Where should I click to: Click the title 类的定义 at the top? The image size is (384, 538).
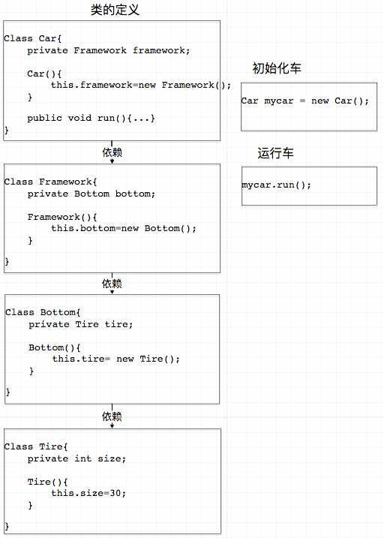[x=115, y=10]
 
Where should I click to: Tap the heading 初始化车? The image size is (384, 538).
[x=277, y=68]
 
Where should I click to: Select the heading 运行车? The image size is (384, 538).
[x=276, y=153]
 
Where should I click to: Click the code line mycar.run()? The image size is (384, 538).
[x=276, y=185]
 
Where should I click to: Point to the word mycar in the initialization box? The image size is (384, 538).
[x=279, y=101]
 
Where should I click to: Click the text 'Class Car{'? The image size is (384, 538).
[x=33, y=38]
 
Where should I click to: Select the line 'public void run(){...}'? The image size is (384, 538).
[x=91, y=119]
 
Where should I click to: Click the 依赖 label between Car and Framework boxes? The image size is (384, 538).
[x=112, y=152]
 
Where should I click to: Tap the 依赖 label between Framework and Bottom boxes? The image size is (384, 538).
[x=112, y=284]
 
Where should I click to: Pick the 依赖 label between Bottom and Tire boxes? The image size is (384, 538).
[x=112, y=416]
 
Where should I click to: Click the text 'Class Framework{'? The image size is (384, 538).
[x=51, y=182]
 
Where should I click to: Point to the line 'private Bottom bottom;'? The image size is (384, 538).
[x=91, y=194]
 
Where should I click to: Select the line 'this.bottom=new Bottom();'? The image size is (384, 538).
[x=124, y=229]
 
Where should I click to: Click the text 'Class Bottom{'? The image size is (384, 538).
[x=43, y=313]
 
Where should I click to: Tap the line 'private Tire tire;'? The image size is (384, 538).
[x=80, y=325]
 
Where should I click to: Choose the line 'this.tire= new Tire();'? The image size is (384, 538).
[x=116, y=359]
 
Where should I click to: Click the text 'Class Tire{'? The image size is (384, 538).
[x=36, y=446]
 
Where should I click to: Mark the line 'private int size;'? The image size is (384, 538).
[x=76, y=458]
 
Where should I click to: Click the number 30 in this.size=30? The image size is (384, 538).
[x=115, y=494]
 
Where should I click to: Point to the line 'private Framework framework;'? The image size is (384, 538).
[x=109, y=50]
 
